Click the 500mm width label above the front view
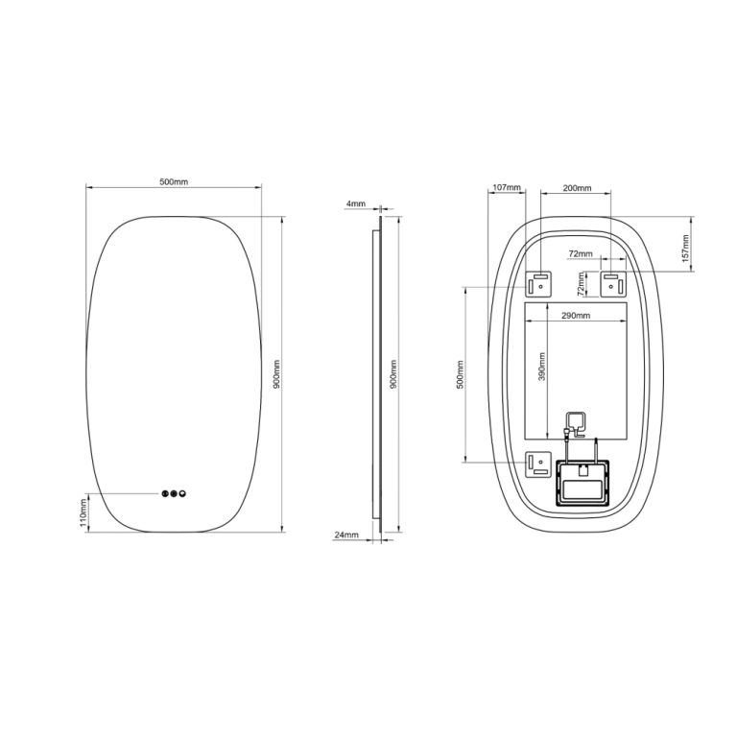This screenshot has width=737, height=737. pyautogui.click(x=174, y=181)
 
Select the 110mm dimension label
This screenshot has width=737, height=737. pyautogui.click(x=84, y=513)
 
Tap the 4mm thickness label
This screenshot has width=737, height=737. pyautogui.click(x=355, y=203)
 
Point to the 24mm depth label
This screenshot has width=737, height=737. pyautogui.click(x=346, y=535)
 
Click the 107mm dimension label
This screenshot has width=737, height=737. pyautogui.click(x=507, y=187)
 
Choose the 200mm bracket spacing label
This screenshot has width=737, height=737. pyautogui.click(x=577, y=188)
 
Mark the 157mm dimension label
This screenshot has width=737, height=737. pyautogui.click(x=686, y=249)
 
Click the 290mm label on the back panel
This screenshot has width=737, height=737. pyautogui.click(x=576, y=316)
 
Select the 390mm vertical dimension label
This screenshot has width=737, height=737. pyautogui.click(x=542, y=367)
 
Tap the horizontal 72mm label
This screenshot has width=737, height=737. pyautogui.click(x=581, y=253)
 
